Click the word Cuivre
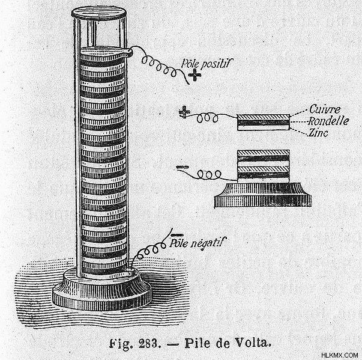click(325, 109)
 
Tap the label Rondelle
click(328, 121)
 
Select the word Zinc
click(319, 133)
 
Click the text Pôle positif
click(207, 63)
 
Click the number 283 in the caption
click(149, 344)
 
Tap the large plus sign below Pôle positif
click(195, 75)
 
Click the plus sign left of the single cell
click(184, 112)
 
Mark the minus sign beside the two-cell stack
click(183, 167)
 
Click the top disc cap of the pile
click(99, 13)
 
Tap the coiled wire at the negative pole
click(150, 249)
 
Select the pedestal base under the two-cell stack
click(263, 195)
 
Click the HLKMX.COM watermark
click(340, 355)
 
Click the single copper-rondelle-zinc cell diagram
click(264, 122)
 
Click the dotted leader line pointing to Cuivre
click(299, 113)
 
